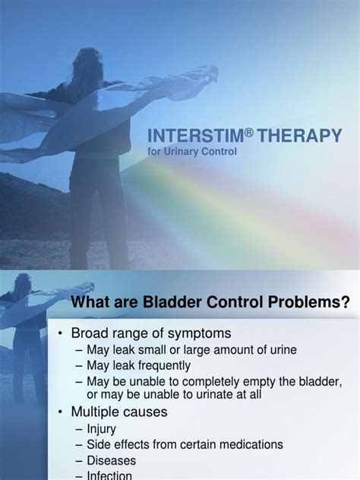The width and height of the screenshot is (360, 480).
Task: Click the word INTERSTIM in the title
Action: click(x=184, y=136)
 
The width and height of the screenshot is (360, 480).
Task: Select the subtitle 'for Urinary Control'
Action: click(x=193, y=151)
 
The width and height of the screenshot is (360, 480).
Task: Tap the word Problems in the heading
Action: click(x=301, y=303)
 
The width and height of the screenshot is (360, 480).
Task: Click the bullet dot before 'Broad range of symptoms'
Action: click(x=61, y=334)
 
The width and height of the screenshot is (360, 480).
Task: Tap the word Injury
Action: click(x=101, y=429)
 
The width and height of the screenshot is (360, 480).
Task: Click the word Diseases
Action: click(x=111, y=460)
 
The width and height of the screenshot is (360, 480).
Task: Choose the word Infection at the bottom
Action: click(x=112, y=475)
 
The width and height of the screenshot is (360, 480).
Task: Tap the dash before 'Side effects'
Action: click(x=79, y=444)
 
